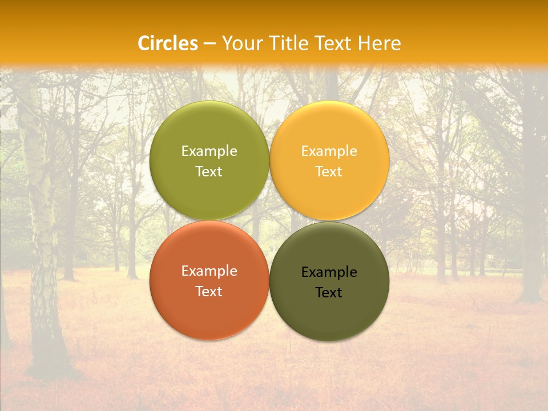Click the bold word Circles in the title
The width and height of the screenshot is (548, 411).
(168, 43)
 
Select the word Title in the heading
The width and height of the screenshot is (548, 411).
(289, 43)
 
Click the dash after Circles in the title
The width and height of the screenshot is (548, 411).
(209, 44)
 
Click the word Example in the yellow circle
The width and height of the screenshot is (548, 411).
(329, 151)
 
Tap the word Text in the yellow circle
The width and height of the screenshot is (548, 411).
(329, 172)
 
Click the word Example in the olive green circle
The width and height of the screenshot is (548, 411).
(209, 151)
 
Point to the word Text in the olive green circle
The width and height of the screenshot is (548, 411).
(209, 172)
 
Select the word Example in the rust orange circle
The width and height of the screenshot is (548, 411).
(209, 271)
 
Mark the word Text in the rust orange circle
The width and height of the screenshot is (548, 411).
(209, 292)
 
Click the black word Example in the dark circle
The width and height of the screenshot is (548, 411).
(329, 272)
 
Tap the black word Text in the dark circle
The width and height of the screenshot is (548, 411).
(329, 293)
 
